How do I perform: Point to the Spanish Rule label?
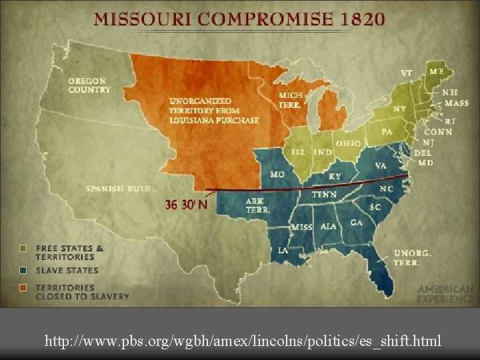[x=118, y=189]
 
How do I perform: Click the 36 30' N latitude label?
[x=186, y=205]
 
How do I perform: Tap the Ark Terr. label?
[x=257, y=205]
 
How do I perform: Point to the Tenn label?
[x=325, y=195]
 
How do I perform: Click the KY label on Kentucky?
[x=335, y=177]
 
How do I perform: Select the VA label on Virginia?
[x=381, y=165]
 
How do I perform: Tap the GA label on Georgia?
[x=357, y=223]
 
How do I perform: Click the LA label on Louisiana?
[x=283, y=251]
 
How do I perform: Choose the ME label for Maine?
[x=437, y=71]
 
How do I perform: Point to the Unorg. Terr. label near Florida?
[x=413, y=258]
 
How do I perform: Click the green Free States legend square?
[x=24, y=248]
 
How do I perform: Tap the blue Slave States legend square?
[x=24, y=270]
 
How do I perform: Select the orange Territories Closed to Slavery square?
[x=24, y=288]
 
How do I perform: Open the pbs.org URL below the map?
[x=243, y=341]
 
